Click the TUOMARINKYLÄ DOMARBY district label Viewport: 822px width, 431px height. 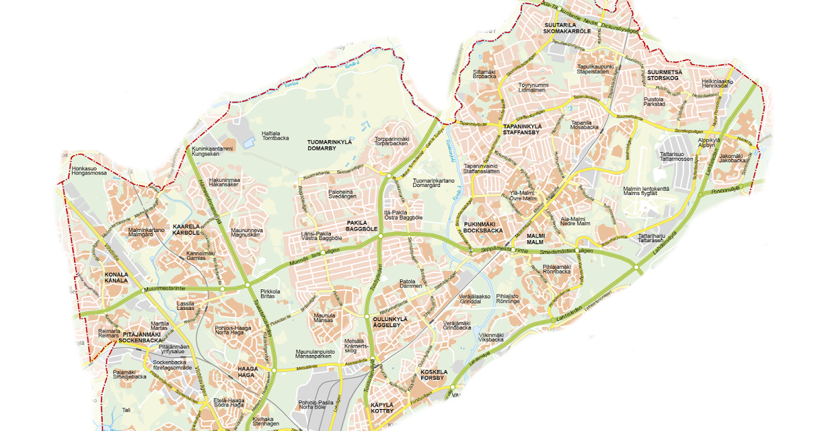click(x=329, y=144)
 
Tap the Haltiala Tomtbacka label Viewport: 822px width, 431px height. click(x=276, y=135)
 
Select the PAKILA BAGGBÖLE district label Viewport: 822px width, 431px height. click(x=357, y=226)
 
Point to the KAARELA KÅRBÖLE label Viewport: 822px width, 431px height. click(x=186, y=229)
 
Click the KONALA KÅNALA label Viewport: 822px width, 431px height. click(x=116, y=277)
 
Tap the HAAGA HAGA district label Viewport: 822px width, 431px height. click(x=247, y=372)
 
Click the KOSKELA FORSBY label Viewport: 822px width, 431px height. click(x=434, y=374)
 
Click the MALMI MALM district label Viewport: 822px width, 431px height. click(x=535, y=239)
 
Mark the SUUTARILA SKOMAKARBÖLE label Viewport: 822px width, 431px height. click(x=566, y=28)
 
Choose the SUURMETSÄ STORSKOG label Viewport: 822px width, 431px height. click(x=662, y=75)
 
